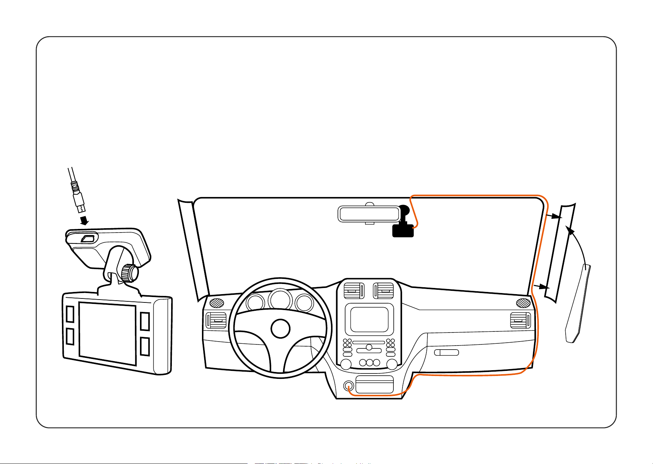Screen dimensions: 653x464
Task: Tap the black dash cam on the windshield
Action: [403, 230]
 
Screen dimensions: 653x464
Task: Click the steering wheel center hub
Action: [281, 329]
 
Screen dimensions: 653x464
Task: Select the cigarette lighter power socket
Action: [348, 386]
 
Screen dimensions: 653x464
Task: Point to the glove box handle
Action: [447, 352]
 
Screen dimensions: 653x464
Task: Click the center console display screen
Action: [369, 319]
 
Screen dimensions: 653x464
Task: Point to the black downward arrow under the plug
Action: [84, 220]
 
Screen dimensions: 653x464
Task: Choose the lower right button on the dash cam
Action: [145, 346]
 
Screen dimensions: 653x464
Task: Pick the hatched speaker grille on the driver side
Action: [216, 302]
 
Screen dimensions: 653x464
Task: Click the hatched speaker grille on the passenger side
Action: [523, 302]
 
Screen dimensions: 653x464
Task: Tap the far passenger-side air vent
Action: [520, 320]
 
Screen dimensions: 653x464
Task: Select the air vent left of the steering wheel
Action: [216, 321]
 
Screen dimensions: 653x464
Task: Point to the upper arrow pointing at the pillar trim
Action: [554, 217]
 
